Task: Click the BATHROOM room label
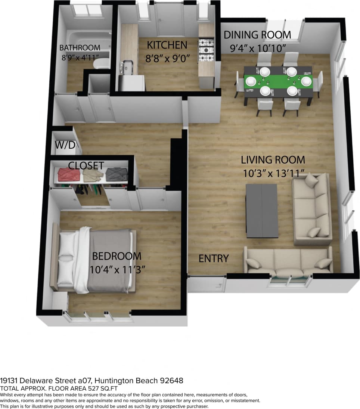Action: click(80, 48)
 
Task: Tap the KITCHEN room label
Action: click(167, 45)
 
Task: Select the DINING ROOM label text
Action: click(257, 35)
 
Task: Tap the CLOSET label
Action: click(86, 165)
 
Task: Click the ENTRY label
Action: click(213, 258)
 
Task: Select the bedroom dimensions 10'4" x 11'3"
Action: click(117, 269)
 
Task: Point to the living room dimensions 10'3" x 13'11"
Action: click(273, 173)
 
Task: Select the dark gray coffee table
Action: click(261, 211)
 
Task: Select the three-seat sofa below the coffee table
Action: click(288, 261)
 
